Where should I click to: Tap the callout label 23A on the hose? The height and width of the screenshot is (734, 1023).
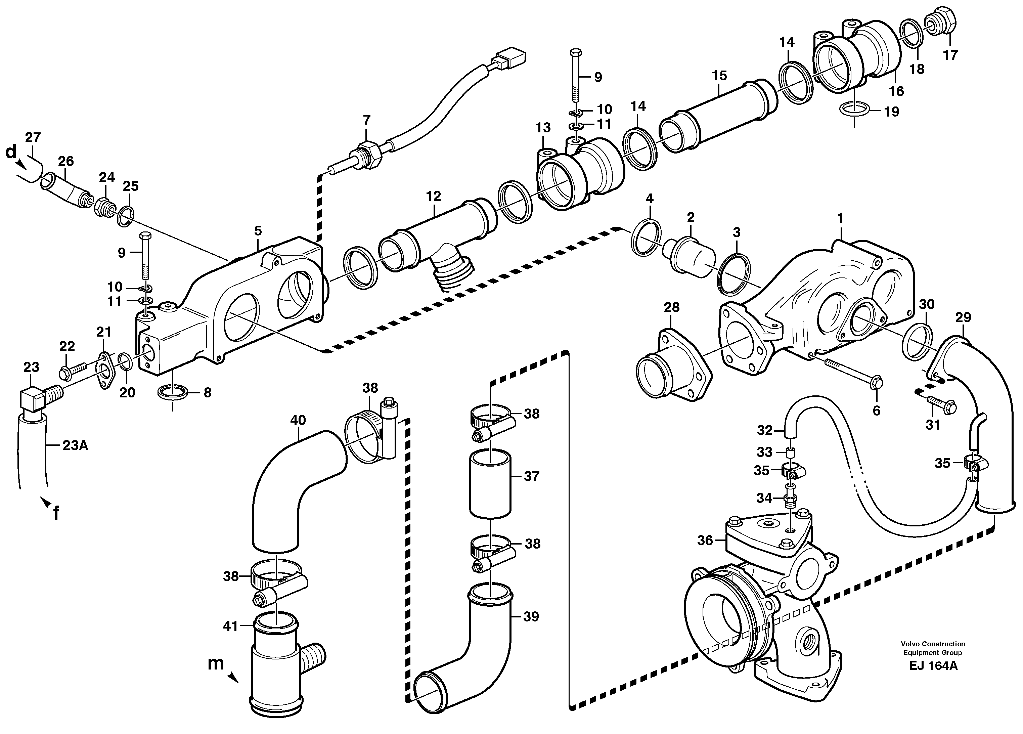pyautogui.click(x=75, y=446)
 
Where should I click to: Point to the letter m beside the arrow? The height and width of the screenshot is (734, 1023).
pyautogui.click(x=216, y=663)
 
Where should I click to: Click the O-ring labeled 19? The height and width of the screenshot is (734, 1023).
pyautogui.click(x=854, y=109)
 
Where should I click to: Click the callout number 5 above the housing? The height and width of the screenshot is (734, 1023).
pyautogui.click(x=258, y=231)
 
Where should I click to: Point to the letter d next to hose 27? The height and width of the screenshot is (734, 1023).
pyautogui.click(x=10, y=153)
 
